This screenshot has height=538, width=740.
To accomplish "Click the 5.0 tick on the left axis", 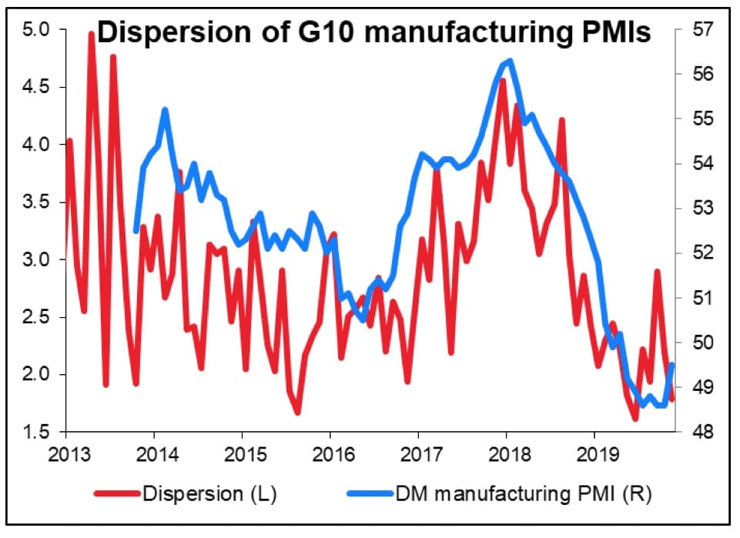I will click(36, 29).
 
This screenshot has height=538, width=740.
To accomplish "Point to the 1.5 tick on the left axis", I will click(36, 433).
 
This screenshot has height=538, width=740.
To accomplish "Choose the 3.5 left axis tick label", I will click(36, 202).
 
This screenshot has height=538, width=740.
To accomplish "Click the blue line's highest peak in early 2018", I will click(510, 61).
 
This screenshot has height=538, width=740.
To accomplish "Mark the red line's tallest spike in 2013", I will click(91, 34).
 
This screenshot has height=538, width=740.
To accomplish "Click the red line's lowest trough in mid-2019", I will click(635, 419).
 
